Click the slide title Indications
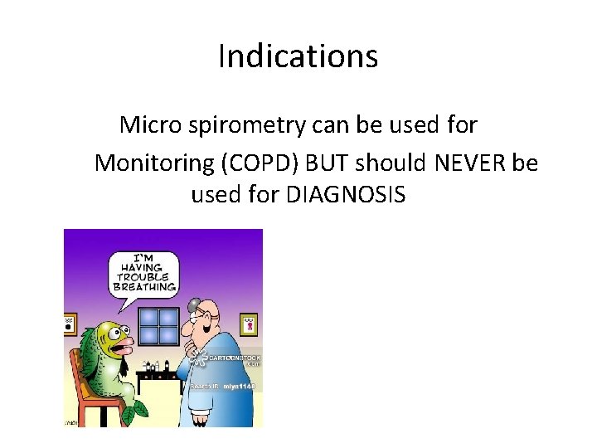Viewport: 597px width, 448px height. coord(298,56)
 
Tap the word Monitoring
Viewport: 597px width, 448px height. coord(154,163)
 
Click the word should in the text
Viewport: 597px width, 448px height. coord(398,163)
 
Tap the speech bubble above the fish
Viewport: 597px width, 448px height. coord(143,274)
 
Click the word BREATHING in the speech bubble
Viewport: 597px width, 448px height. coord(144,287)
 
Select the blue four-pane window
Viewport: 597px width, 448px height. coord(158,325)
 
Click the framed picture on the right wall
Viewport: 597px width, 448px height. coord(247,324)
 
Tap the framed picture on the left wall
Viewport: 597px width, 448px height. coord(70,324)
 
